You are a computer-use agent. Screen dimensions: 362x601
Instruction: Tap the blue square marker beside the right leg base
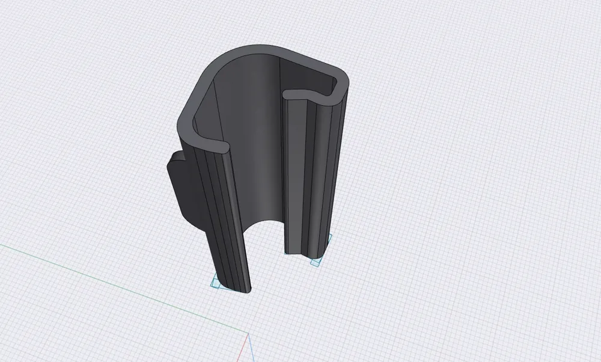(315, 263)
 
